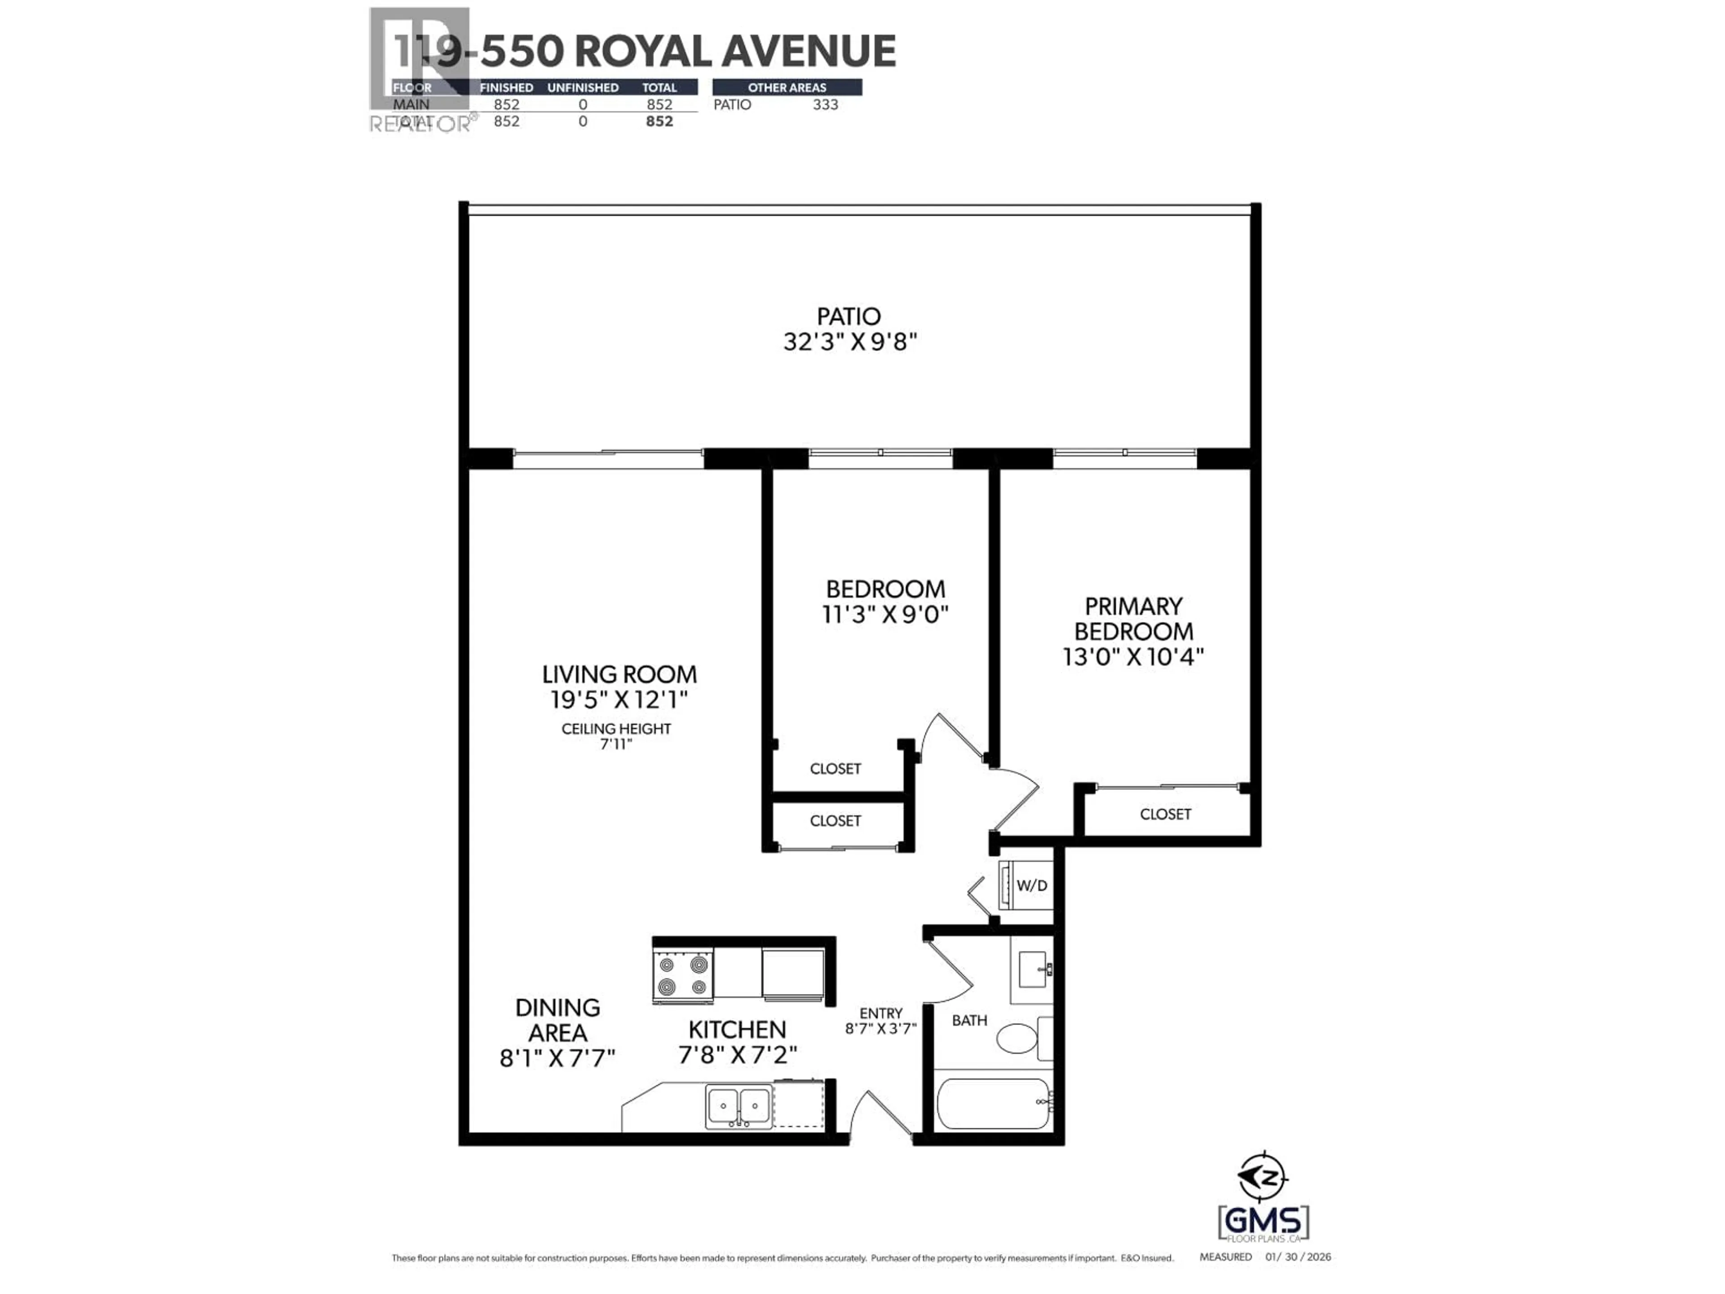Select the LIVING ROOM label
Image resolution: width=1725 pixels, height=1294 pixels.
point(619,674)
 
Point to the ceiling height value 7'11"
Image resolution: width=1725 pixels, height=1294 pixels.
point(616,744)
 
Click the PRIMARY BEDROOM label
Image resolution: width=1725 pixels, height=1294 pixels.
point(1133,619)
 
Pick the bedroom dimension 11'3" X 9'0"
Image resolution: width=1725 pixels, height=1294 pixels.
point(885,615)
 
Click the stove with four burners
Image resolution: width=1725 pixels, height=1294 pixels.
point(682,976)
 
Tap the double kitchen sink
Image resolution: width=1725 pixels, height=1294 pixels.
point(739,1106)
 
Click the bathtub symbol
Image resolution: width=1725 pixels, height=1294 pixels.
point(993,1103)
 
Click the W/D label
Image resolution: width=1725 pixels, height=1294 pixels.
point(1032,885)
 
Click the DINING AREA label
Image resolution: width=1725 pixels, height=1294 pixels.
point(557,1019)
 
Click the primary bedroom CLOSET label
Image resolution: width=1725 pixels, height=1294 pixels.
point(1165,814)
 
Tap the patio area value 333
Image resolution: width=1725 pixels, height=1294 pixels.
point(825,105)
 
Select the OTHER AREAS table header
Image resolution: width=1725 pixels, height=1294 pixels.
point(787,87)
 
